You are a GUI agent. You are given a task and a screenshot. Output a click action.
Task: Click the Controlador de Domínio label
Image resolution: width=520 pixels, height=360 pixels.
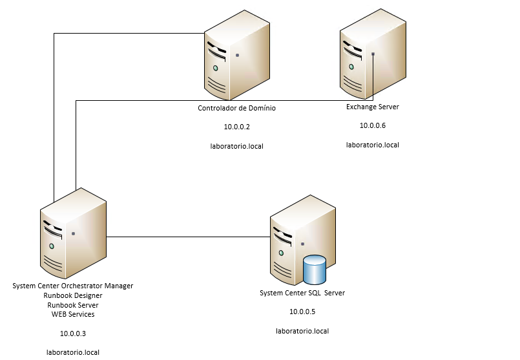pos(236,108)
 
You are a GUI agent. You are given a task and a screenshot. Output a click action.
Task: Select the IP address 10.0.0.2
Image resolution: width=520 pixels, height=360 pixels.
pos(236,127)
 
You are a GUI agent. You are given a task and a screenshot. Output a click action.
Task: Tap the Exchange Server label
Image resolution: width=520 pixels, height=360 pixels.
pos(372,107)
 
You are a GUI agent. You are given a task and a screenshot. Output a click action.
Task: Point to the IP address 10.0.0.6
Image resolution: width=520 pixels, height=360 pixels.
pos(372,125)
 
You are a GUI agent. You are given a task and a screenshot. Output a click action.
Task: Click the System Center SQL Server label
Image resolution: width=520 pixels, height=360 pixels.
pos(302,293)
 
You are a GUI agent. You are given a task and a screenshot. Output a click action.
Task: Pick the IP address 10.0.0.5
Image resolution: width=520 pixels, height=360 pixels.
pos(302,312)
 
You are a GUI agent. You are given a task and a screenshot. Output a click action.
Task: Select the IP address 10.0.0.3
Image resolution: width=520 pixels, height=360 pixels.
pos(73,334)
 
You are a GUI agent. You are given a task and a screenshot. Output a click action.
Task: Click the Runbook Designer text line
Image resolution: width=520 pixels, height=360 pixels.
pos(73,295)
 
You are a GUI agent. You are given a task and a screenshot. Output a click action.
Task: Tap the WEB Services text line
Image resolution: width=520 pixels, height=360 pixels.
pos(73,314)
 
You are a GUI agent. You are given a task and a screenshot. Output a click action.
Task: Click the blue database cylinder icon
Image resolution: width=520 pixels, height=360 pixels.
pos(315,270)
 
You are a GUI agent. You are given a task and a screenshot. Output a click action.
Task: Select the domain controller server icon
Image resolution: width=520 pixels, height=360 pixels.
pos(236,58)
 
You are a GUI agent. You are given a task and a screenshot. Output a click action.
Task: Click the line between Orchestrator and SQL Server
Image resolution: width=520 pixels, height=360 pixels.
pos(187,237)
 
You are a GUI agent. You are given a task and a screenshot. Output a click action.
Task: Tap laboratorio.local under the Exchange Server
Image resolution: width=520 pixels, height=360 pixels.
pos(373,145)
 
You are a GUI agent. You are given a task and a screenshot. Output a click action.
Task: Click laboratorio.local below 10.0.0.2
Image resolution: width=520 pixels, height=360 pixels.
pos(236,146)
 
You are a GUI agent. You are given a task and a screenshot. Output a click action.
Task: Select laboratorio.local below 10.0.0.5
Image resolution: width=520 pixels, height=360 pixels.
pos(302,331)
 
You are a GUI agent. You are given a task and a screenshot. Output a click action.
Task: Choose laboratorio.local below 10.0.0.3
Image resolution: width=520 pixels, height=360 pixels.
pos(73,352)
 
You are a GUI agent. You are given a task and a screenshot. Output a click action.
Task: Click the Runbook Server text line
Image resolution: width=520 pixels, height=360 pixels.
pos(73,304)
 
